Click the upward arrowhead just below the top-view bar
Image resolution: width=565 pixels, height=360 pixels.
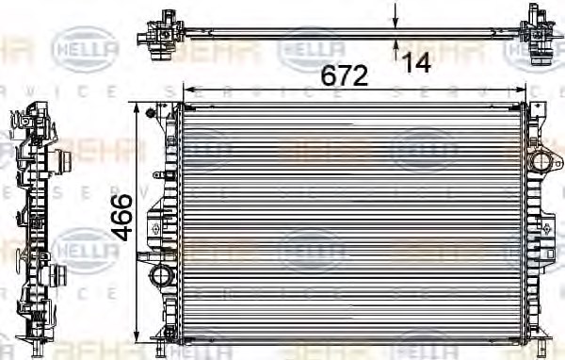coord(396,42)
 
